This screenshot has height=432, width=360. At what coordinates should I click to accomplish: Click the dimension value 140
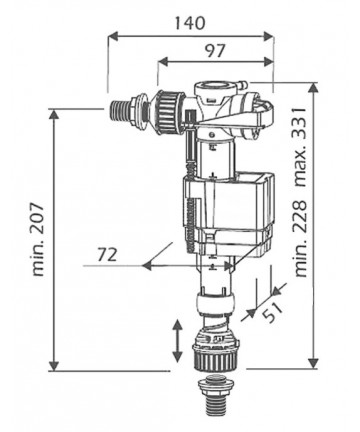[x=190, y=23]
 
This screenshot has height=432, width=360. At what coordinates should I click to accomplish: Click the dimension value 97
[x=215, y=50]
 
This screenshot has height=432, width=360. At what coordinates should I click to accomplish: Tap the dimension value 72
[x=107, y=255]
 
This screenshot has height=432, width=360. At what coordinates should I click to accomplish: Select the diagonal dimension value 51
[x=272, y=312]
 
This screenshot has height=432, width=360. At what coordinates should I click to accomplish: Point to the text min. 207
[x=39, y=239]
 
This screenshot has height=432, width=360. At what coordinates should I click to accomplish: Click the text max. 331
[x=300, y=147]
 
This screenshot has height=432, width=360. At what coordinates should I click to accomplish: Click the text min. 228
[x=300, y=238]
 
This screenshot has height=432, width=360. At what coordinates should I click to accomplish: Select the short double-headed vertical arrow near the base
[x=177, y=341]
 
